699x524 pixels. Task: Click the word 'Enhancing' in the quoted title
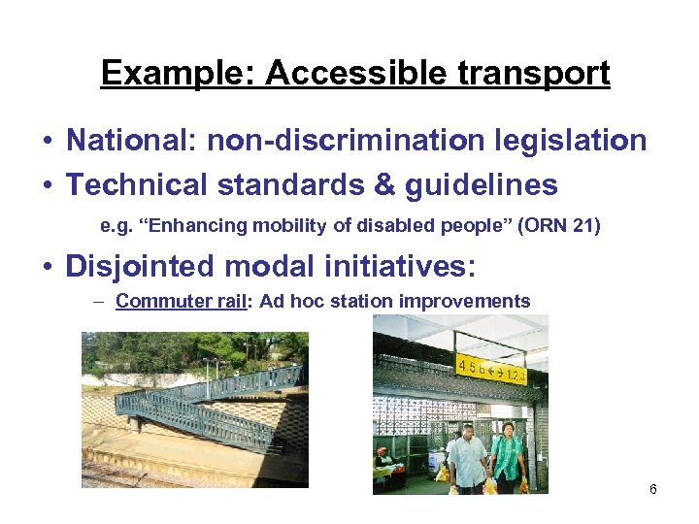point(205,227)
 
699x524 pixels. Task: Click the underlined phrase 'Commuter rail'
point(183,301)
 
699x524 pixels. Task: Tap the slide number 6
point(653,489)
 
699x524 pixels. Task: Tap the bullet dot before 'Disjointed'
point(47,266)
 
